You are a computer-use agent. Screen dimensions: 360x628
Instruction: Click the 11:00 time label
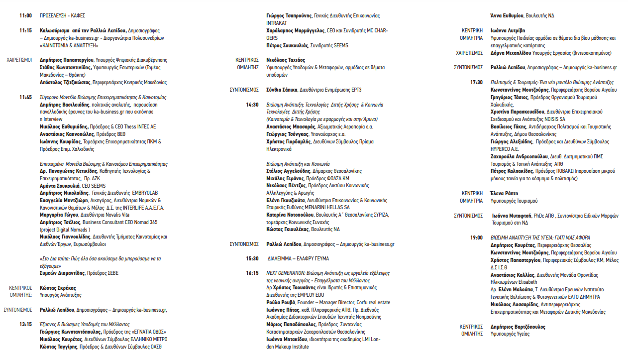pos(26,16)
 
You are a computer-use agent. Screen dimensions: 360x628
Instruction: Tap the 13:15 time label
pos(26,324)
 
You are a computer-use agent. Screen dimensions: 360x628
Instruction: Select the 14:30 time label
pos(252,105)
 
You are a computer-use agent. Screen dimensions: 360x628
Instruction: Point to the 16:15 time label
pos(252,273)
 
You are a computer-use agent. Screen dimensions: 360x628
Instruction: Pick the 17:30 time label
pos(476,82)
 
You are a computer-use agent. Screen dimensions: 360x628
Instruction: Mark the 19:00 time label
pos(476,238)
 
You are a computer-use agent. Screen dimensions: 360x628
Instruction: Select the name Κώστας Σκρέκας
pos(58,288)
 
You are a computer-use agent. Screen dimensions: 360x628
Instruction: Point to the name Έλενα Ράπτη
pos(504,193)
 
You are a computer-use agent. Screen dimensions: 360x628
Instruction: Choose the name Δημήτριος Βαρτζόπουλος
pos(518,327)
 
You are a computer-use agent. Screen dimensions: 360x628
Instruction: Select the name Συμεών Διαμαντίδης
pos(62,273)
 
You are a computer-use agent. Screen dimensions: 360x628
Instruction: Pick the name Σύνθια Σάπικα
pos(282,90)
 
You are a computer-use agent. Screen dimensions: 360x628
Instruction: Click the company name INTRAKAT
pos(277,23)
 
